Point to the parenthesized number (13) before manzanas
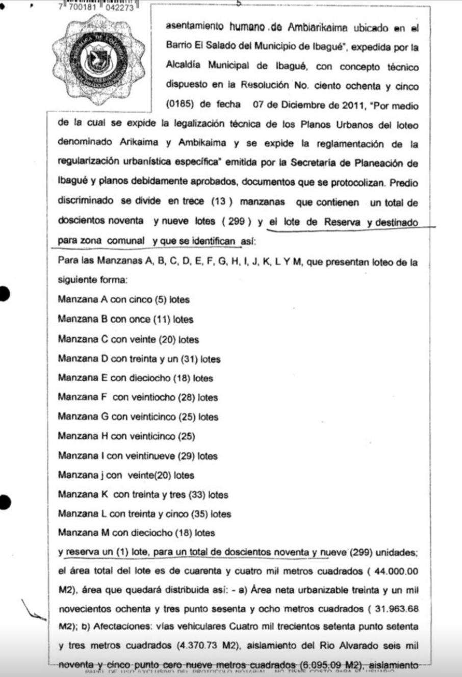tap(222, 202)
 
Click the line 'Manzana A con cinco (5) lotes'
tap(123, 300)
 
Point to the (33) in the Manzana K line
tap(197, 494)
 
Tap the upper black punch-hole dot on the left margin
tap(5, 294)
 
